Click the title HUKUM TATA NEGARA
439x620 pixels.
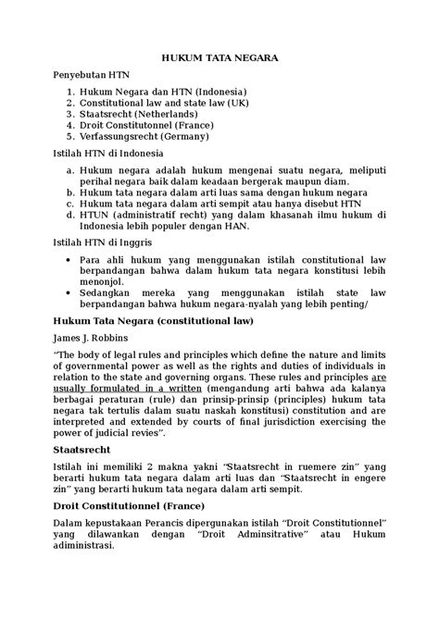(219, 58)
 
